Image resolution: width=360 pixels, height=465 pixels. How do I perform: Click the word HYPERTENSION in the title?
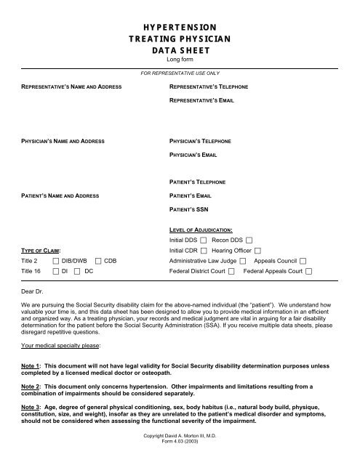coord(180,28)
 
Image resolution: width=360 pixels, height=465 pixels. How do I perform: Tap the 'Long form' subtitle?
coord(180,60)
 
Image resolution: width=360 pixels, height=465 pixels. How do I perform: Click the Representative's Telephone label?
coord(209,87)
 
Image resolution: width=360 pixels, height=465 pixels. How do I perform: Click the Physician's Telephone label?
coord(200,141)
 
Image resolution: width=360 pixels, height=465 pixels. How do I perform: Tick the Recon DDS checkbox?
coord(249,239)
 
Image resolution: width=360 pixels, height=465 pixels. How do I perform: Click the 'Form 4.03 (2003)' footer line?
coord(179,441)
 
